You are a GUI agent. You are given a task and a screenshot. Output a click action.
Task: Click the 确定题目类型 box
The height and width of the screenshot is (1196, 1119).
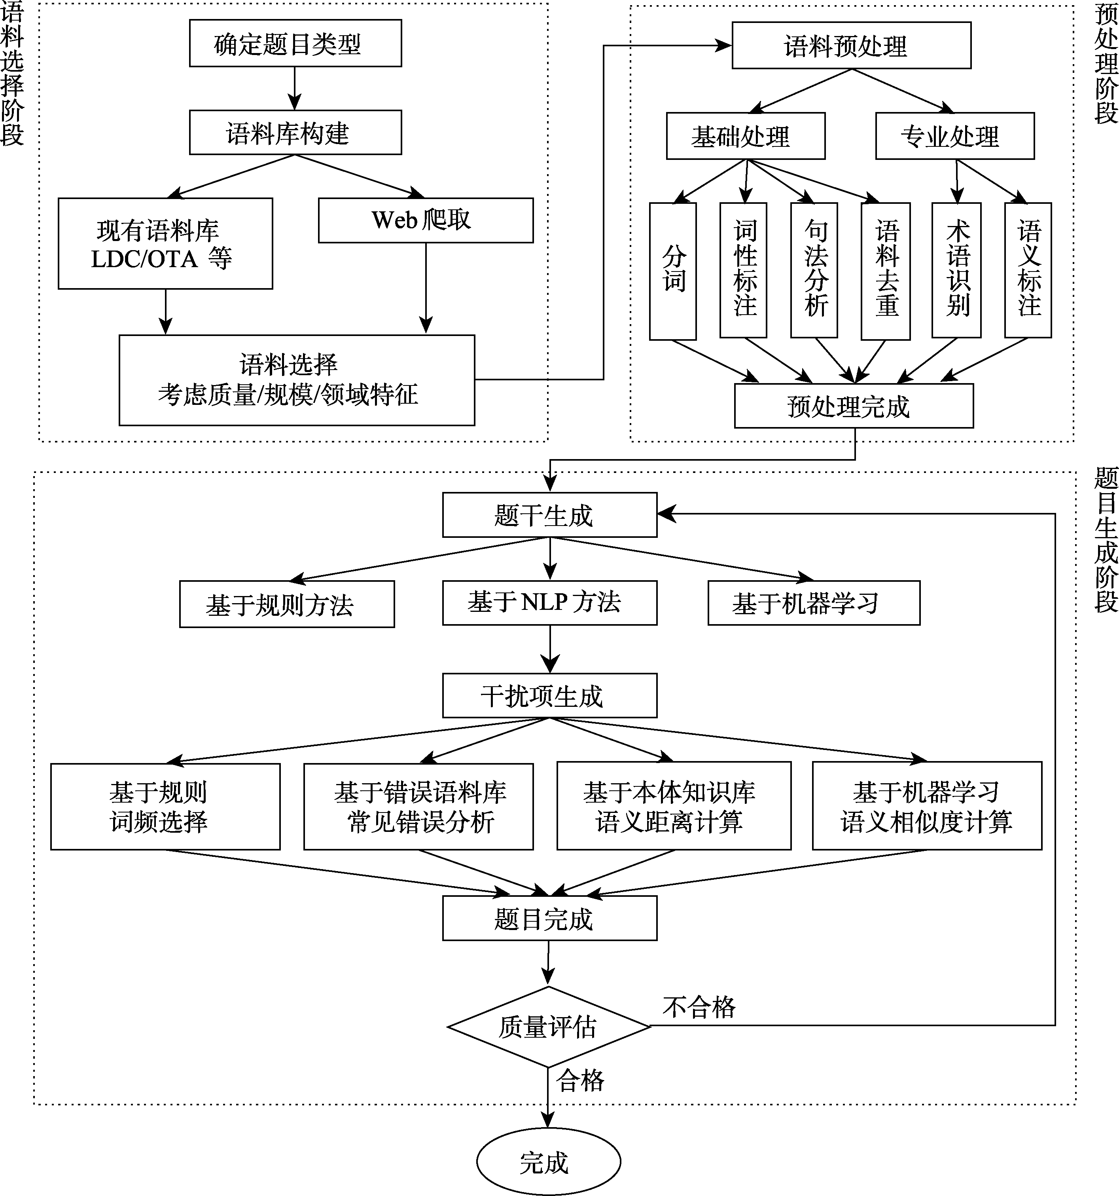pyautogui.click(x=295, y=43)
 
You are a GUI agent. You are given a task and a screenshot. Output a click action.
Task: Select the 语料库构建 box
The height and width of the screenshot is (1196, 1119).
pyautogui.click(x=295, y=132)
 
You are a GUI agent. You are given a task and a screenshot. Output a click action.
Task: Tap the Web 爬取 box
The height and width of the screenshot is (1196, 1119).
pyautogui.click(x=425, y=220)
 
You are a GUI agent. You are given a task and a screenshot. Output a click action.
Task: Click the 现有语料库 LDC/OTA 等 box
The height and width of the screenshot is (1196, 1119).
pyautogui.click(x=165, y=244)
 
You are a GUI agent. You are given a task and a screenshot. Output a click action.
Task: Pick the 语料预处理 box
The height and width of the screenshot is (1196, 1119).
pyautogui.click(x=851, y=46)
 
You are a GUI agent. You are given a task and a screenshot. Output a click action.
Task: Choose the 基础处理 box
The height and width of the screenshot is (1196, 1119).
pyautogui.click(x=746, y=137)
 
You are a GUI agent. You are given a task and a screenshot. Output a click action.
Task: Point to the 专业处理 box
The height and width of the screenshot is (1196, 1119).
pyautogui.click(x=954, y=137)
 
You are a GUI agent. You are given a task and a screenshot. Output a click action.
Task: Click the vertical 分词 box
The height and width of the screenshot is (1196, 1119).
pyautogui.click(x=673, y=270)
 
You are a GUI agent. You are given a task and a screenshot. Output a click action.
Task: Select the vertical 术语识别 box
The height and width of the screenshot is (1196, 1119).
pyautogui.click(x=956, y=270)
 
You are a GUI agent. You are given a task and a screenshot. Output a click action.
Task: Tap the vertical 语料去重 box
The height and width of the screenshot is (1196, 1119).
pyautogui.click(x=886, y=270)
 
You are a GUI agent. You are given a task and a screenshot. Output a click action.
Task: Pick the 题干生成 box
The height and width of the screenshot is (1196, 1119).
pyautogui.click(x=549, y=515)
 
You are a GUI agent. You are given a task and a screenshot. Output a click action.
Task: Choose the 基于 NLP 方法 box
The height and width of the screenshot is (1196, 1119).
pyautogui.click(x=549, y=603)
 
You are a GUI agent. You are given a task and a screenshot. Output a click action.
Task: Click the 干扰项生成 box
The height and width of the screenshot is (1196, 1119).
pyautogui.click(x=549, y=695)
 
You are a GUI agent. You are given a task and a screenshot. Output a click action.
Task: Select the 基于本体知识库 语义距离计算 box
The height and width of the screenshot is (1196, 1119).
pyautogui.click(x=674, y=806)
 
